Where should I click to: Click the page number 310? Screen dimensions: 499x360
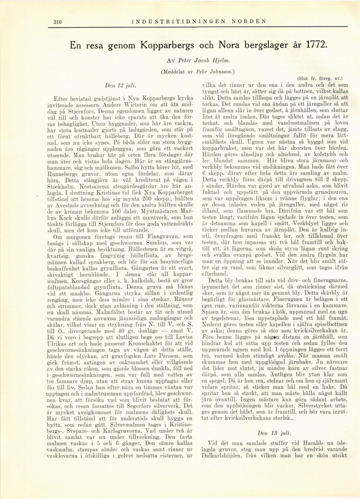57,21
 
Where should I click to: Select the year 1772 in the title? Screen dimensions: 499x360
316,45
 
